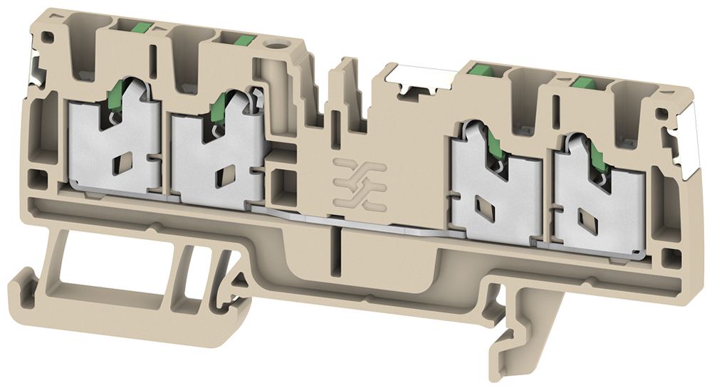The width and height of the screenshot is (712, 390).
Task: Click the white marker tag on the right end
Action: [x=689, y=139]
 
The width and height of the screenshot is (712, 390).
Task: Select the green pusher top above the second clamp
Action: [x=239, y=39]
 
